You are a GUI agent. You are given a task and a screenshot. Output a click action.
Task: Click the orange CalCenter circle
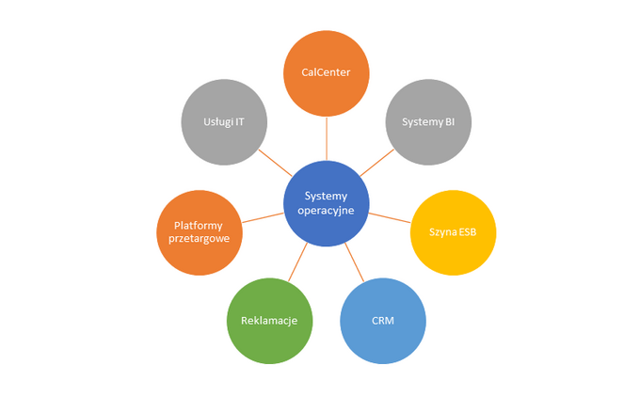coord(327,73)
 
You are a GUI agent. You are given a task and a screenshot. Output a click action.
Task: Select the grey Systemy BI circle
coord(429,122)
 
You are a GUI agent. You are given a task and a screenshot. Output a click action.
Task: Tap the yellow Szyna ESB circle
coord(454,232)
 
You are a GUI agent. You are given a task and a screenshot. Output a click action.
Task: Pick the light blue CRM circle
coord(382,321)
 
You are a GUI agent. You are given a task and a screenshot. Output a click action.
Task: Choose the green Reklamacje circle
coord(269,321)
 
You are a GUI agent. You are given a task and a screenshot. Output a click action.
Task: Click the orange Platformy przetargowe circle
coord(199,232)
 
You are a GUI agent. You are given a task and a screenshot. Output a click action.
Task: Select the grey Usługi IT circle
coord(223,122)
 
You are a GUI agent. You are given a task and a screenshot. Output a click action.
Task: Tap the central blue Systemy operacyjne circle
coord(327,203)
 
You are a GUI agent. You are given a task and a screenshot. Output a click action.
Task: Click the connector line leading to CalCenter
coord(327,138)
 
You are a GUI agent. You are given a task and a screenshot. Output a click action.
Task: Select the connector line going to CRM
coord(355,261)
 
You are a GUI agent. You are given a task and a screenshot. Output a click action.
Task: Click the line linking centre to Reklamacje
coord(298,261)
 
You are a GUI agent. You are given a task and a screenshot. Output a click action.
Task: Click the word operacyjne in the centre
coord(327,211)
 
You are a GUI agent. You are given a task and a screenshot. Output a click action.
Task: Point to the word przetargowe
coord(199,240)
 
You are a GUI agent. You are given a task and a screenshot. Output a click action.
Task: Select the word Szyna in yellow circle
coord(443,232)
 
